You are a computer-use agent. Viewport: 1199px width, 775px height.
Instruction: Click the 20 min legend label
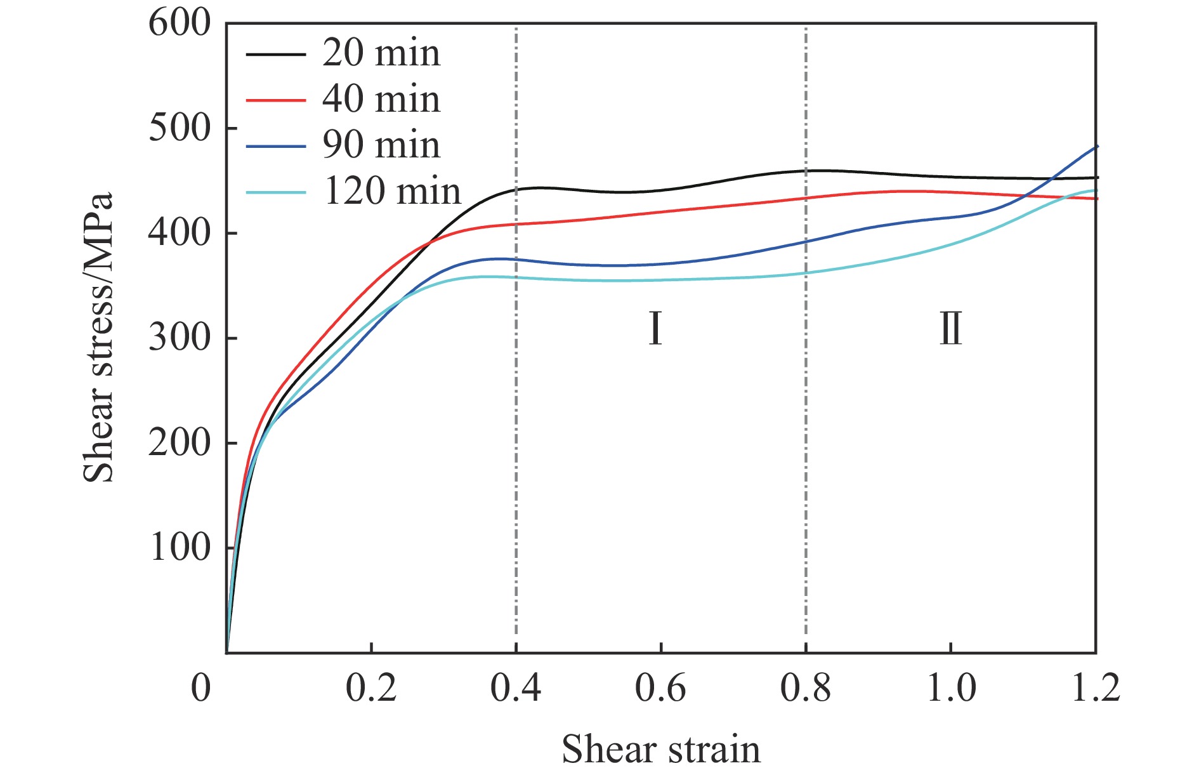[381, 53]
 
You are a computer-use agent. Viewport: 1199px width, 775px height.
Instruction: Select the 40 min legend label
[381, 100]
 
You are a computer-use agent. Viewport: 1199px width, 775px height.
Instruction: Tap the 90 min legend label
[381, 145]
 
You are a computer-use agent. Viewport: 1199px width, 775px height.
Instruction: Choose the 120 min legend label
[392, 191]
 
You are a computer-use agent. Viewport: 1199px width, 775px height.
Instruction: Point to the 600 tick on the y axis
[179, 24]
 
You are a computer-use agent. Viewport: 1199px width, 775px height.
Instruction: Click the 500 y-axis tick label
[179, 129]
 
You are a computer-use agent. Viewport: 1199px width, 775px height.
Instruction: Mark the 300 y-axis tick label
[179, 338]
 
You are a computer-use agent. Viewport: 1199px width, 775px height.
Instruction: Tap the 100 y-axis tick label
[179, 548]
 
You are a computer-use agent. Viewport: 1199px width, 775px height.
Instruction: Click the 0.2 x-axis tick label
[371, 688]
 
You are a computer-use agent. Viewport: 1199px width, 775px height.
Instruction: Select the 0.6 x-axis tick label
[660, 688]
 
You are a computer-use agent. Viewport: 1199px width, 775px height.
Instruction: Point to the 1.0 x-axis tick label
[950, 688]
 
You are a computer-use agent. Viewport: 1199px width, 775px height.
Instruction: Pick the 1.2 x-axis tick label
[1095, 688]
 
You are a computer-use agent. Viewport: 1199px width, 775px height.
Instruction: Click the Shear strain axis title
[660, 750]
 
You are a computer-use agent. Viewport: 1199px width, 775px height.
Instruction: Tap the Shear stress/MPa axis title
[98, 337]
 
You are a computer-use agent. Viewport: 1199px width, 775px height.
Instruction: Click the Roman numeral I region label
[655, 329]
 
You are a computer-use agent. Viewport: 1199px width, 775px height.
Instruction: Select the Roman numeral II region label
[950, 329]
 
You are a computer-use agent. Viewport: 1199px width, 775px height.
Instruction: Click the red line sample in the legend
[275, 100]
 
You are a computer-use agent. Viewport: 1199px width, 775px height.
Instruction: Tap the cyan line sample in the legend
[275, 192]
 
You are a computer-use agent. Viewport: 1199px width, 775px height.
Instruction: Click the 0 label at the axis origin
[200, 688]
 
